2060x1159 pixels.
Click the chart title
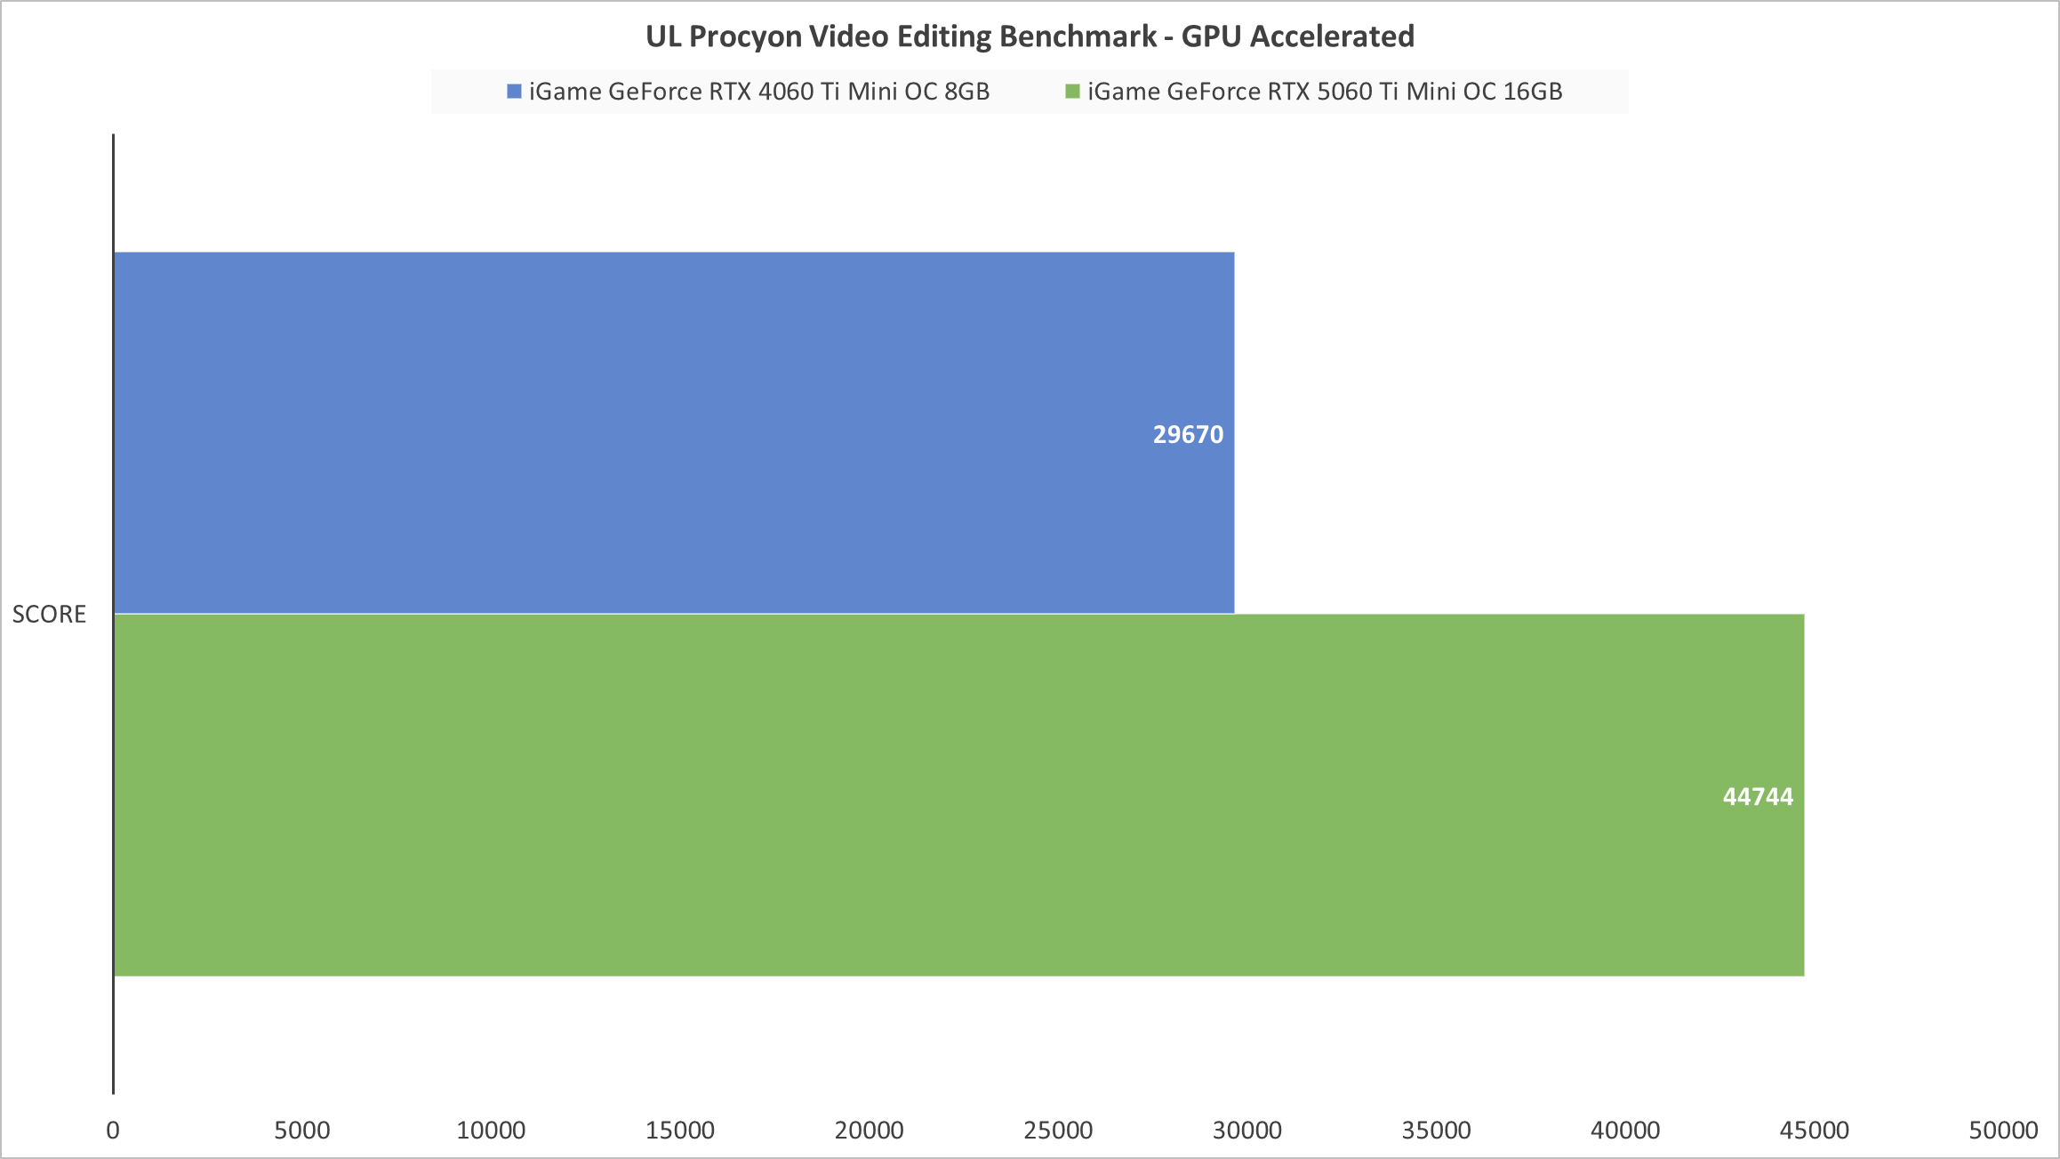[1030, 36]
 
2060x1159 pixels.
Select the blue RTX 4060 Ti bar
[674, 432]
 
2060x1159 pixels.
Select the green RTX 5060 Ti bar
[958, 794]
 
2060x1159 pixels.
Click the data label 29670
[1188, 434]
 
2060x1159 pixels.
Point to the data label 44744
[1758, 796]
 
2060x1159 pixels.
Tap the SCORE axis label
[49, 614]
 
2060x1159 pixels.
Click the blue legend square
[514, 92]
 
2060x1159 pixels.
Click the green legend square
[1072, 92]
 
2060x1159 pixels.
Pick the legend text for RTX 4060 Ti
[759, 92]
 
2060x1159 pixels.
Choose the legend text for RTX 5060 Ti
[1325, 92]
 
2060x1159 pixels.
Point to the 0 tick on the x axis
[113, 1130]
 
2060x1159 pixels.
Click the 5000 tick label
[302, 1130]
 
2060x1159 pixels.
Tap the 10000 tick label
[491, 1130]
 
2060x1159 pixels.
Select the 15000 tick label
[680, 1130]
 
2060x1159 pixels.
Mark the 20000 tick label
[869, 1130]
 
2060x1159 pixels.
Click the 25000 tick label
[1058, 1130]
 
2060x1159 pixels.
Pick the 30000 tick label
[1247, 1130]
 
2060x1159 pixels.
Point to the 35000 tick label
[1436, 1130]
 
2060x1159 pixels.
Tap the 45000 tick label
[1815, 1130]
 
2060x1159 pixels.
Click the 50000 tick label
[2003, 1130]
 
